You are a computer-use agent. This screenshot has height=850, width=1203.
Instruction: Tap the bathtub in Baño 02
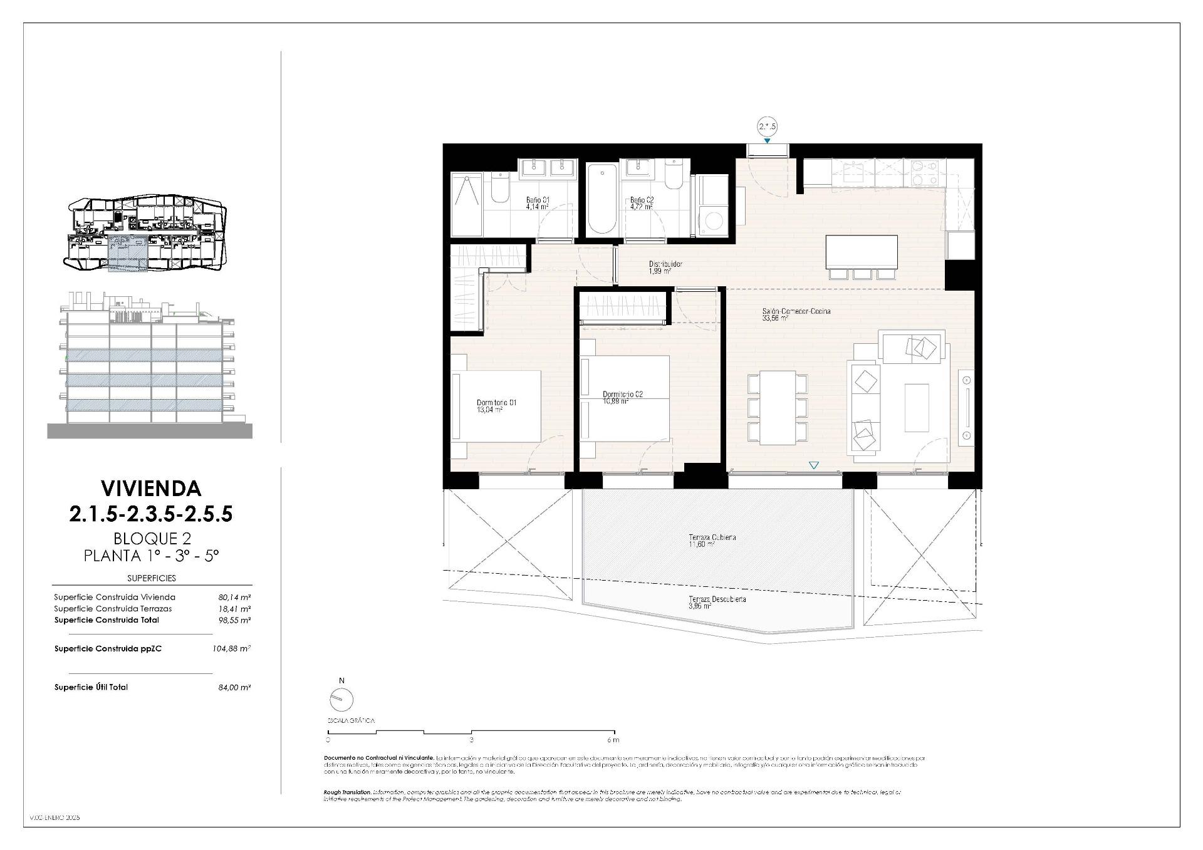tap(601, 199)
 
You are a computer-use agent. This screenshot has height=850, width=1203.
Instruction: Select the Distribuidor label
tap(665, 264)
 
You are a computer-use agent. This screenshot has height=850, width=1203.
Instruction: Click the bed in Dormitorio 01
tap(496, 405)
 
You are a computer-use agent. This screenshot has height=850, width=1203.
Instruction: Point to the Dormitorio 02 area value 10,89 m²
tap(615, 402)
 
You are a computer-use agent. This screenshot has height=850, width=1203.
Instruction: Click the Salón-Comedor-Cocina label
tap(796, 311)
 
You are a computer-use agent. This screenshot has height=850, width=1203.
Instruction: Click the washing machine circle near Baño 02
tap(713, 220)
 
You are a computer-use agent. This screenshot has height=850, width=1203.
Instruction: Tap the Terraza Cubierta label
tap(712, 537)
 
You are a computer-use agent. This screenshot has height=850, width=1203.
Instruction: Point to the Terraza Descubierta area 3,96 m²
tap(700, 606)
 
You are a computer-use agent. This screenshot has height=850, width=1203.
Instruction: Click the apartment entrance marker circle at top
tap(767, 127)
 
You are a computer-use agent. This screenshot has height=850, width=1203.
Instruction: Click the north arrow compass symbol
tap(341, 699)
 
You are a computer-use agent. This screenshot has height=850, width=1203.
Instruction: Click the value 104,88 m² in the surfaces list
tap(231, 649)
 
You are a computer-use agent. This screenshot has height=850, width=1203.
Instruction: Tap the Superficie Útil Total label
tap(91, 687)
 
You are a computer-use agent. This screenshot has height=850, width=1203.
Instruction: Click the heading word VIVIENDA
tap(151, 488)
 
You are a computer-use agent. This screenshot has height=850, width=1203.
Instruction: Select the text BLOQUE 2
tap(152, 538)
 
